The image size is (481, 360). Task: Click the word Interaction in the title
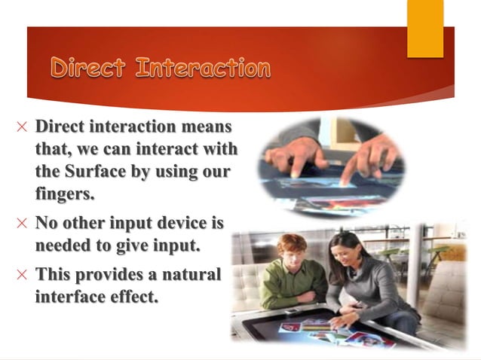(x=203, y=69)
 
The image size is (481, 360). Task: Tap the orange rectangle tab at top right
(x=425, y=29)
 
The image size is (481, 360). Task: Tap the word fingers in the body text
(x=65, y=193)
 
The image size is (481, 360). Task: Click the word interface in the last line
(x=70, y=297)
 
